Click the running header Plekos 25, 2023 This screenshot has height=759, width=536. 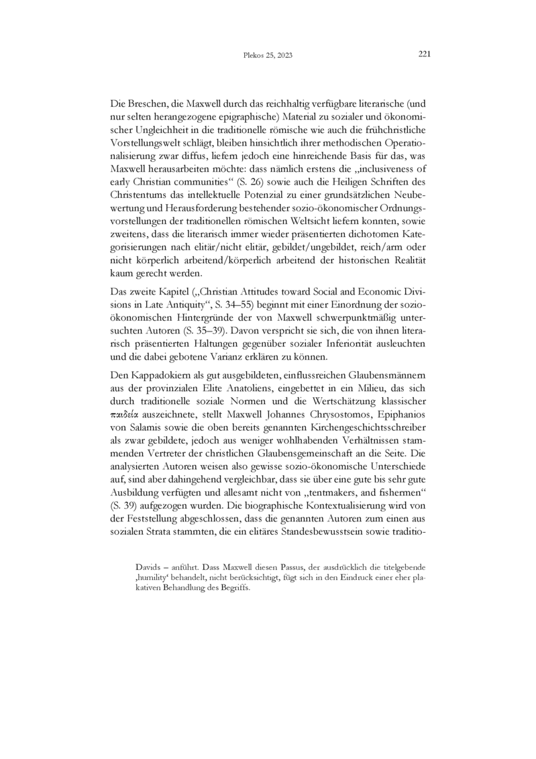pyautogui.click(x=268, y=56)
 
